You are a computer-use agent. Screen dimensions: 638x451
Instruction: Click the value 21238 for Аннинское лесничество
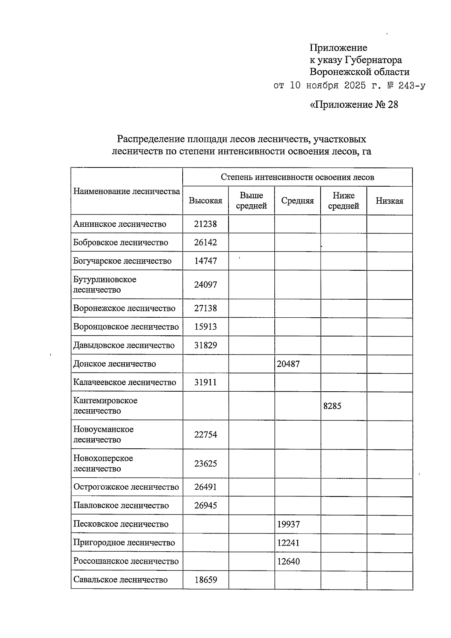tap(205, 224)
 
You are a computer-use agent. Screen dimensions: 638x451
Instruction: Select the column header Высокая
tap(205, 201)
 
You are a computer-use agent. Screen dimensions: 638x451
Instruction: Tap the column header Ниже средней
tap(344, 201)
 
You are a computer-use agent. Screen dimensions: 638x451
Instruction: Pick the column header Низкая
tap(389, 201)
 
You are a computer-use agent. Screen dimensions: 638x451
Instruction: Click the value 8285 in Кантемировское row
tap(332, 406)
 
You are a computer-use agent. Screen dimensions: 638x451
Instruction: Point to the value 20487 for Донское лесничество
tap(288, 364)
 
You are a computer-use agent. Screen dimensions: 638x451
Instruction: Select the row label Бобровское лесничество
tap(121, 243)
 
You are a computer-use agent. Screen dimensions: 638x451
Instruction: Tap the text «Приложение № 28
tap(354, 104)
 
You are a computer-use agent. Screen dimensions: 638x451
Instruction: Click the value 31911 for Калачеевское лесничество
tap(205, 383)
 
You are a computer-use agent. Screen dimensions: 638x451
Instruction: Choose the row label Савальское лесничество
tap(120, 580)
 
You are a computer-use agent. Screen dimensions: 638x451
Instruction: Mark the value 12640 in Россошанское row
tap(288, 562)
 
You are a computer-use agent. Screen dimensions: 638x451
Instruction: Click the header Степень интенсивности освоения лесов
tap(297, 177)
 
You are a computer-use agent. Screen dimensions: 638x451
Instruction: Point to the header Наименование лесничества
tap(127, 192)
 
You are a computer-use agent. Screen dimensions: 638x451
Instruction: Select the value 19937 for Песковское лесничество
tap(288, 524)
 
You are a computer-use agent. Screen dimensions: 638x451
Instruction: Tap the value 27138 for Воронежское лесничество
tap(205, 309)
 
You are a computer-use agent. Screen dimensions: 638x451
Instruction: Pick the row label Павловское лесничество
tap(121, 506)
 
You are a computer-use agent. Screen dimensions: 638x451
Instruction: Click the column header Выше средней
tap(251, 201)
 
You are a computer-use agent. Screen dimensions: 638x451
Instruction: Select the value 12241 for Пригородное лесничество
tap(288, 543)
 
